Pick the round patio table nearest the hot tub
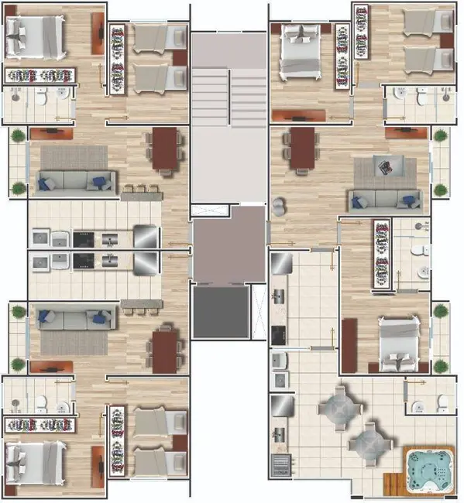pyautogui.click(x=366, y=440)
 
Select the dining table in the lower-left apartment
pyautogui.click(x=165, y=351)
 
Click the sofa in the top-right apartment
pyautogui.click(x=384, y=200)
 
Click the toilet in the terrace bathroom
pyautogui.click(x=442, y=402)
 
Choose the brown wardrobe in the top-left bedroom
pyautogui.click(x=98, y=35)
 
